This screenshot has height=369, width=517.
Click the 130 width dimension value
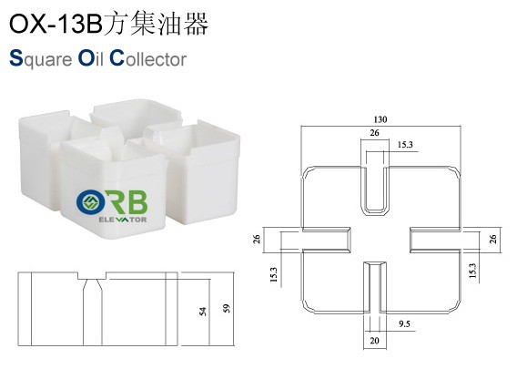pyautogui.click(x=380, y=119)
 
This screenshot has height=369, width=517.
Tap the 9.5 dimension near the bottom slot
pyautogui.click(x=404, y=323)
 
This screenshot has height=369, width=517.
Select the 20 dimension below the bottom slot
pyautogui.click(x=374, y=340)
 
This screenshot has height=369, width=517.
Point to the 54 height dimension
pyautogui.click(x=203, y=312)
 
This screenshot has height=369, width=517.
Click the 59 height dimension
pyautogui.click(x=227, y=308)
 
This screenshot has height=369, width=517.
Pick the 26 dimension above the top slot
pyautogui.click(x=374, y=133)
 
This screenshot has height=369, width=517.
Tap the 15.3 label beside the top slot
pyautogui.click(x=405, y=145)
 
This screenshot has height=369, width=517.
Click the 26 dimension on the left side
pyautogui.click(x=257, y=239)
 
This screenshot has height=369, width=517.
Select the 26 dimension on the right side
pyautogui.click(x=493, y=239)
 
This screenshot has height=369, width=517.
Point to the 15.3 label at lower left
pyautogui.click(x=274, y=274)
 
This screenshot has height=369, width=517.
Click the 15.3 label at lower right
pyautogui.click(x=472, y=271)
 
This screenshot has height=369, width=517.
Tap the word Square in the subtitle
pyautogui.click(x=41, y=59)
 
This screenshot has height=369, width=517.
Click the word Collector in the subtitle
pyautogui.click(x=148, y=58)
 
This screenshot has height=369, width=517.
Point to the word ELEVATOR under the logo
pyautogui.click(x=123, y=220)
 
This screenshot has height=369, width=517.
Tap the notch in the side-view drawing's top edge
pyautogui.click(x=92, y=276)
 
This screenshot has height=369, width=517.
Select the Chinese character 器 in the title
pyautogui.click(x=196, y=23)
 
